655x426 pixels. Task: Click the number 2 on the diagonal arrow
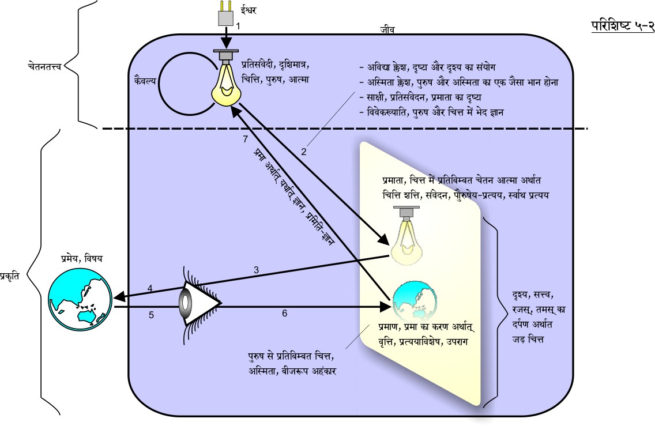click(x=304, y=152)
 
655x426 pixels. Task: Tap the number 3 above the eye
click(x=257, y=269)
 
